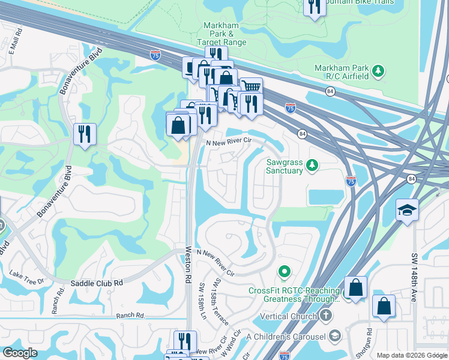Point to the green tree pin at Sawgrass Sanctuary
click(x=312, y=164)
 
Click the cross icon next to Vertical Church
click(x=325, y=316)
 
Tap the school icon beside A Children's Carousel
click(x=335, y=335)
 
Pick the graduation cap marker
click(x=406, y=210)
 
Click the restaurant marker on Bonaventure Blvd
click(x=85, y=133)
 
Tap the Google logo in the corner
click(x=20, y=353)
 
